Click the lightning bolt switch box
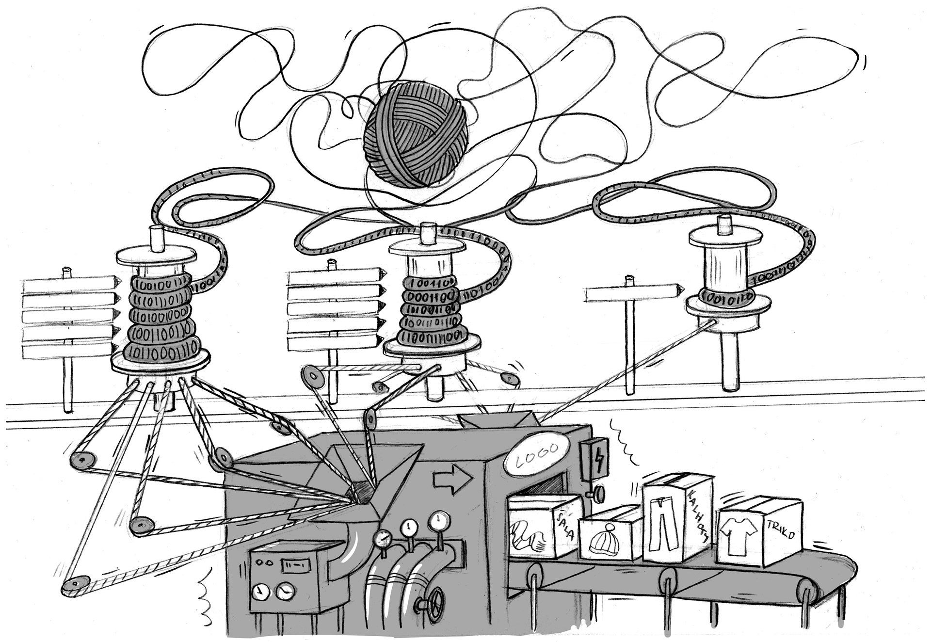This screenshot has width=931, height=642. pos(593,458)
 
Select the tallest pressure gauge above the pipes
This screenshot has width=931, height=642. pos(439,521)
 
